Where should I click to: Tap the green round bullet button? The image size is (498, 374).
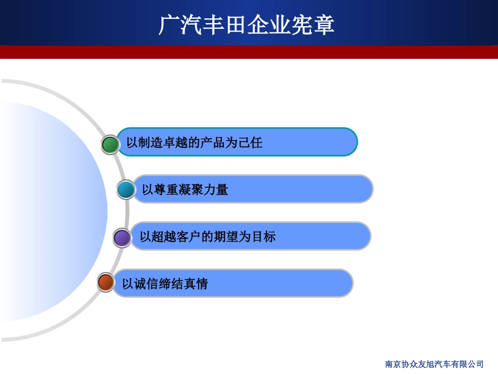[x=110, y=145]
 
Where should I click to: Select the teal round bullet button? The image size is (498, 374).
[x=126, y=189]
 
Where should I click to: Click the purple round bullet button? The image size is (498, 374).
[x=122, y=238]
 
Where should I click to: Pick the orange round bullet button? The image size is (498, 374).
[x=106, y=283]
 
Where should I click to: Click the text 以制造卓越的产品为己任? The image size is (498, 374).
[x=194, y=143]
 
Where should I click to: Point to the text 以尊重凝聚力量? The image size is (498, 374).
[x=185, y=190]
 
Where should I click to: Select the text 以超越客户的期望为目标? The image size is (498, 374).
[x=208, y=237]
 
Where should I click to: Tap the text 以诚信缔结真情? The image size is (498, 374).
[x=165, y=284]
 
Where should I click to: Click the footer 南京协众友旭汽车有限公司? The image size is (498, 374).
[x=434, y=364]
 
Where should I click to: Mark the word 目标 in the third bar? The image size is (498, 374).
[x=264, y=237]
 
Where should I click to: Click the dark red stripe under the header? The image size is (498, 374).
[x=249, y=52]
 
